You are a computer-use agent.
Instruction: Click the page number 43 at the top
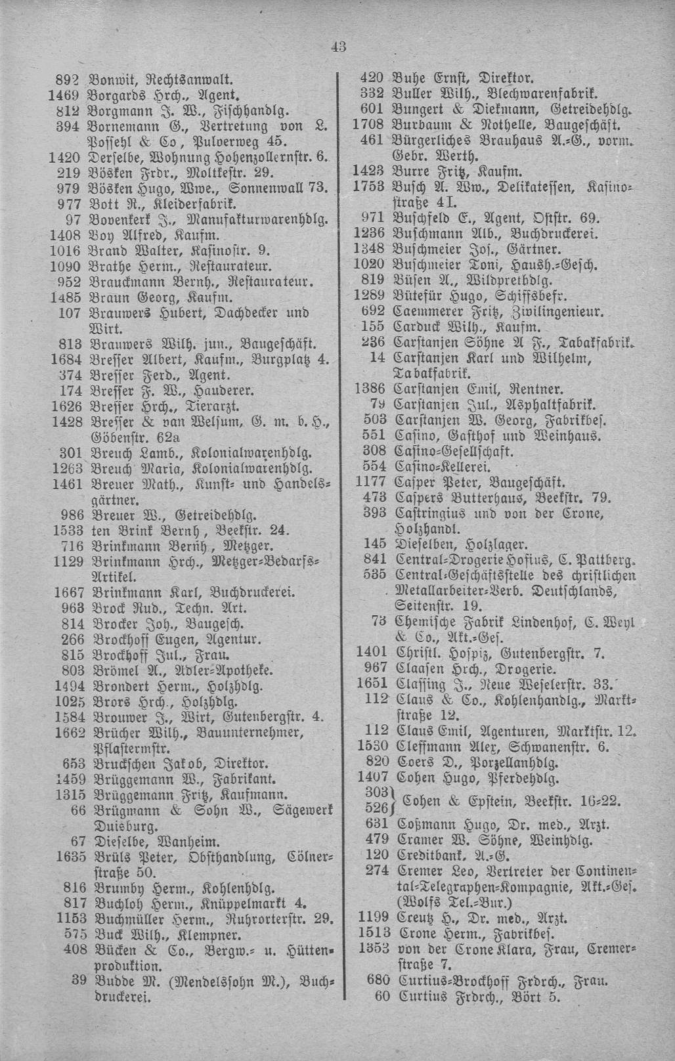click(x=338, y=46)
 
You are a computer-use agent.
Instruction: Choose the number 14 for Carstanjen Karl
click(x=377, y=358)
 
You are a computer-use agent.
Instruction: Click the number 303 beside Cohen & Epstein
click(x=375, y=792)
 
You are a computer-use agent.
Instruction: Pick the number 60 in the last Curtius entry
click(x=381, y=997)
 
